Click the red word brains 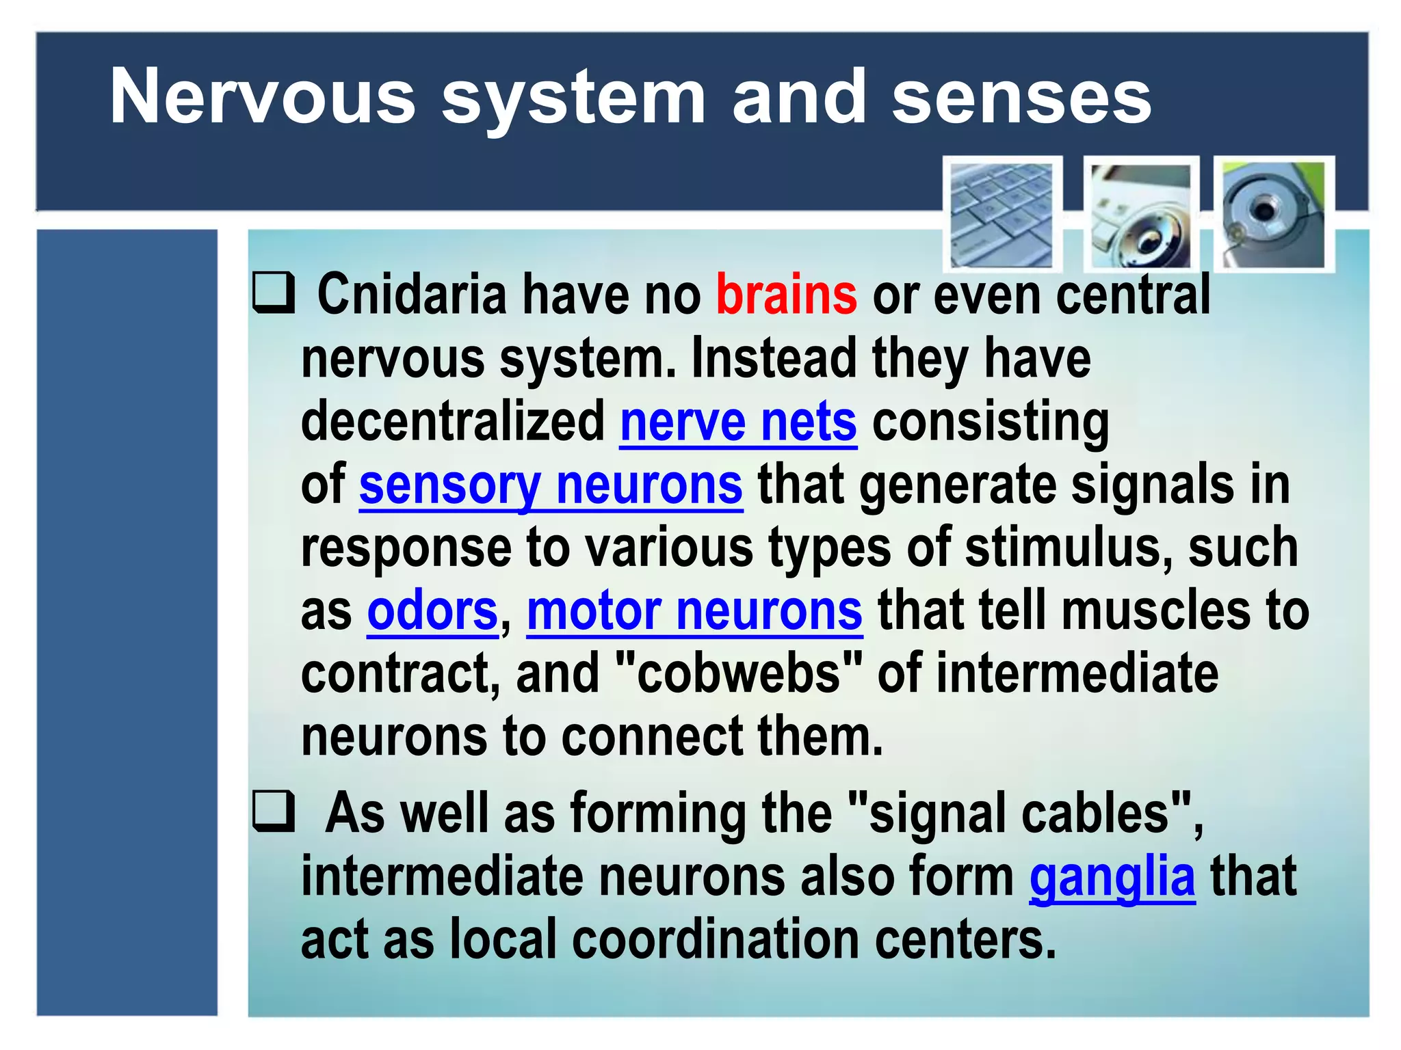click(x=786, y=295)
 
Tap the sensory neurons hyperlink click(x=550, y=485)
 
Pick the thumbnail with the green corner click(x=1274, y=214)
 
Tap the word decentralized click(x=452, y=422)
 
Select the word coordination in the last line click(x=715, y=940)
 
